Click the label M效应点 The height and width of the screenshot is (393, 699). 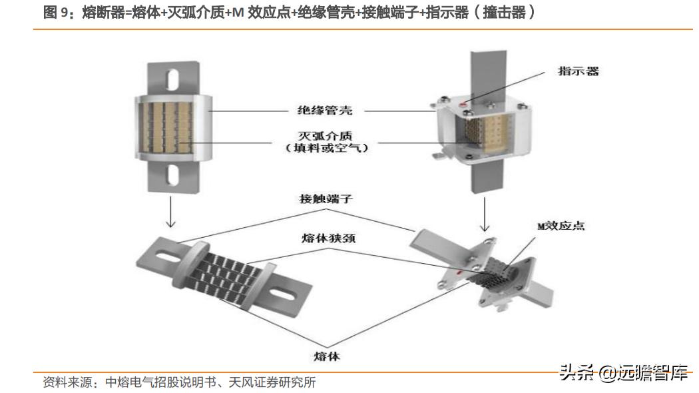click(561, 226)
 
